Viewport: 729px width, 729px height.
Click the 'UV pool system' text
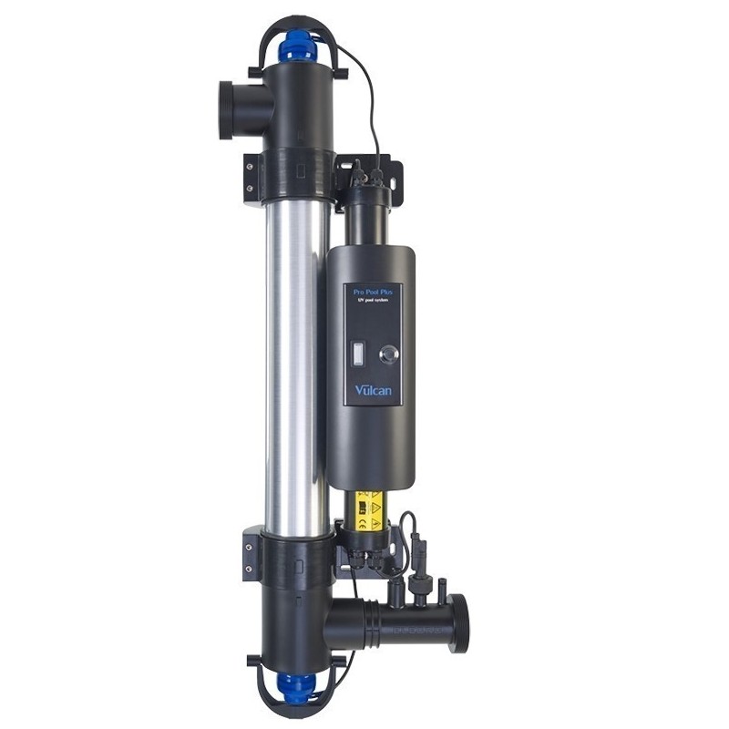point(371,303)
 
